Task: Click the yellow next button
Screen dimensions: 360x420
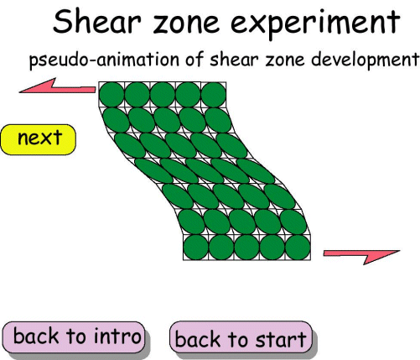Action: (39, 139)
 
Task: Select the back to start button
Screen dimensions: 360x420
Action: (241, 339)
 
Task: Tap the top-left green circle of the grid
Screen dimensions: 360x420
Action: (111, 95)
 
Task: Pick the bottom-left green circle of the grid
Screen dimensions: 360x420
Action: (195, 247)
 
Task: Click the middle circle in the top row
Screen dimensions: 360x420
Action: (163, 95)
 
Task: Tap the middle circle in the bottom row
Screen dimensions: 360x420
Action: (246, 247)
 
